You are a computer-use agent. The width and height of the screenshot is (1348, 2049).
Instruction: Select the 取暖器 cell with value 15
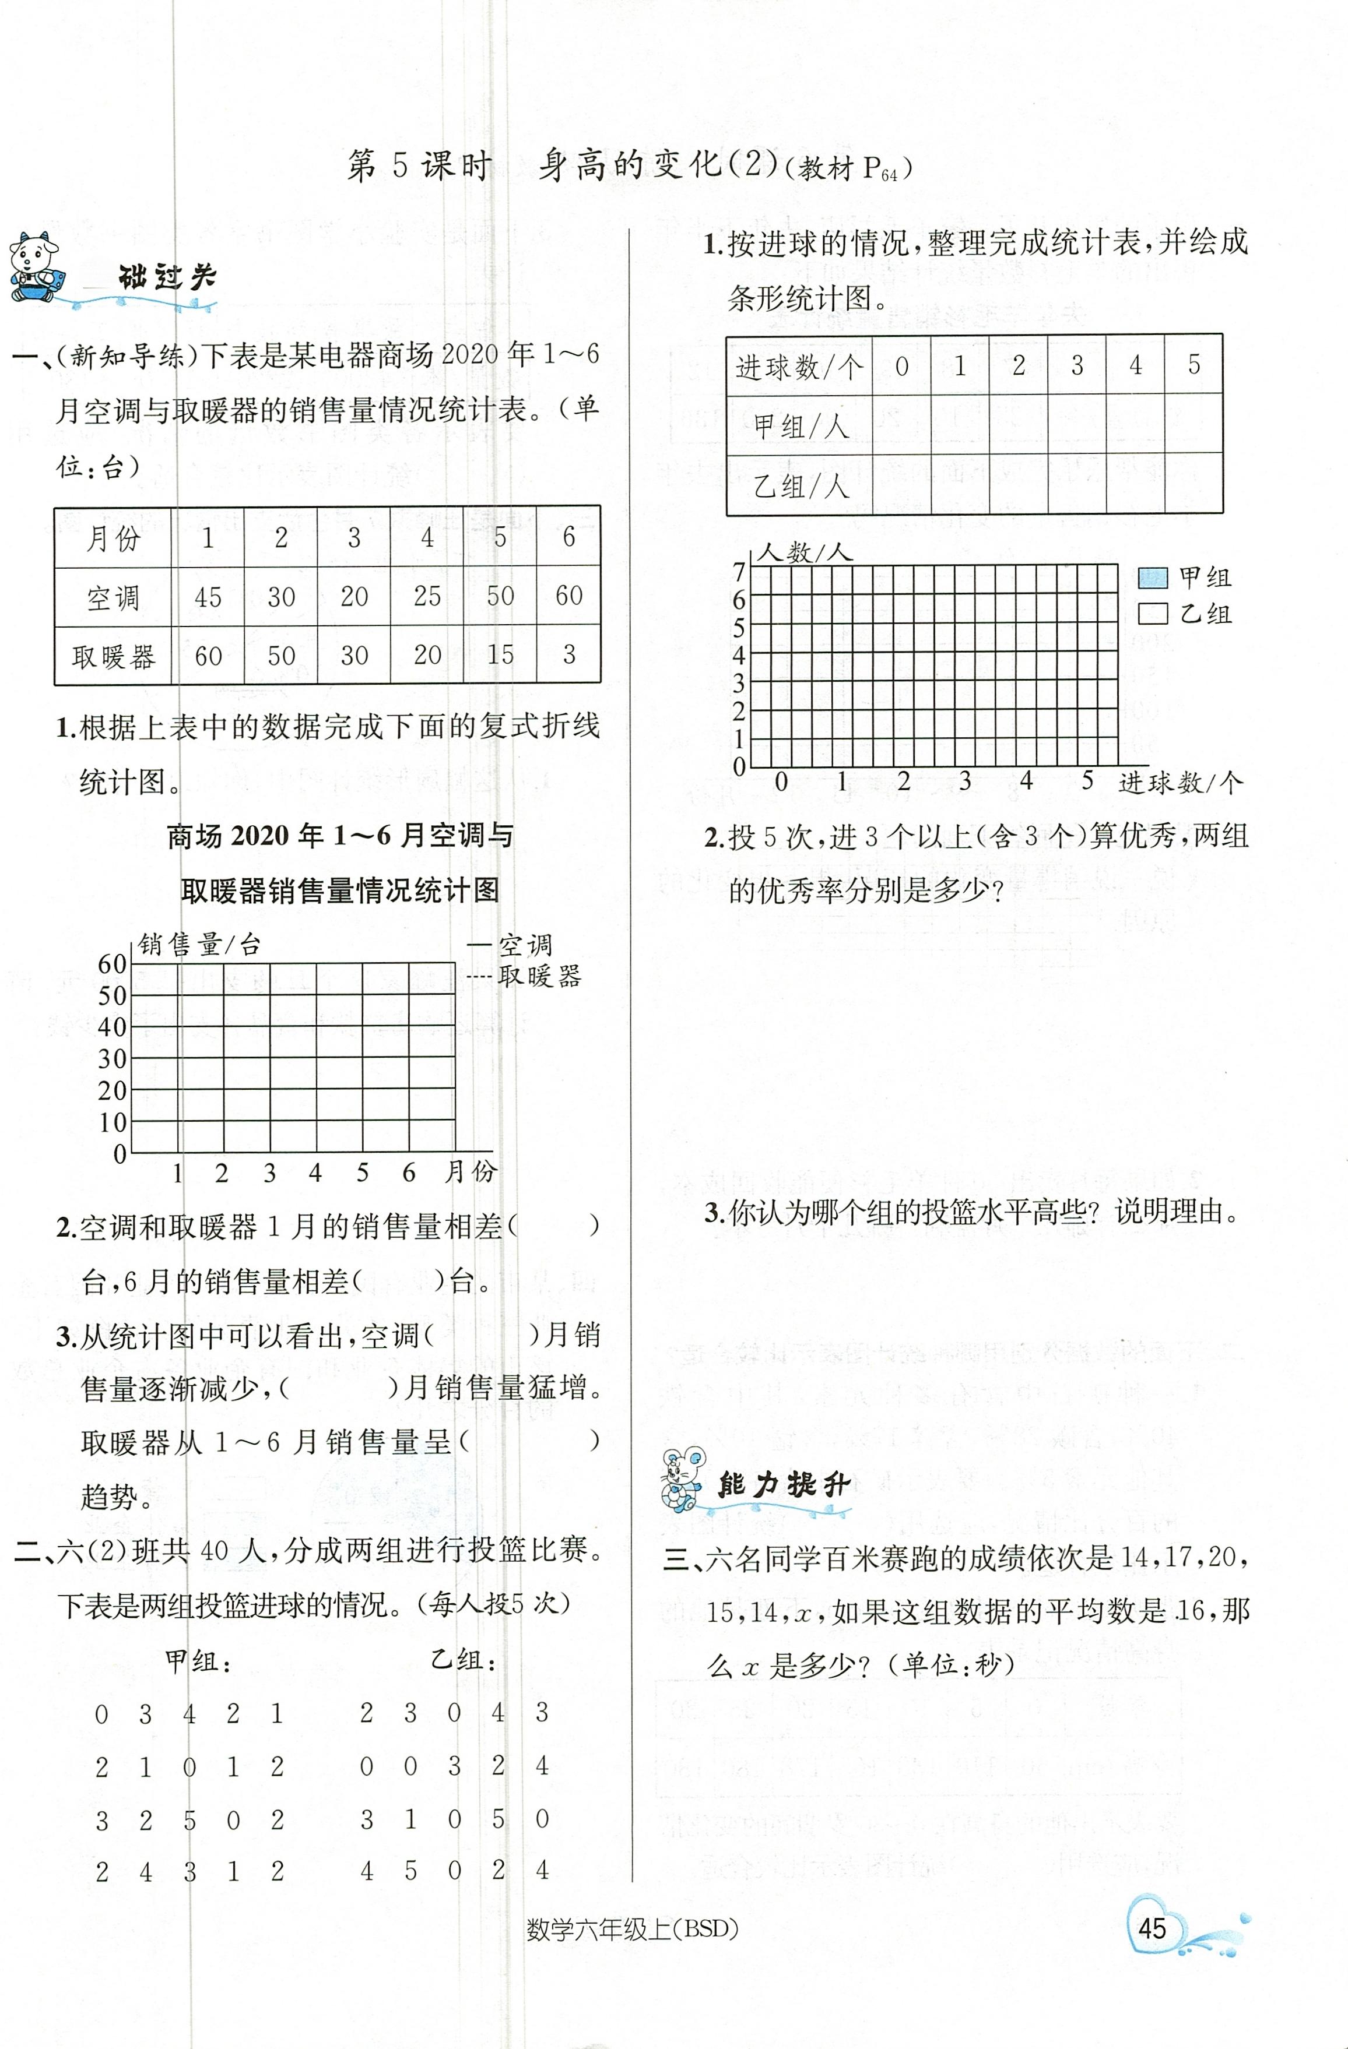coord(500,655)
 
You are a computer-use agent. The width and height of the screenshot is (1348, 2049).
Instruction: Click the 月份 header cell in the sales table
coord(113,538)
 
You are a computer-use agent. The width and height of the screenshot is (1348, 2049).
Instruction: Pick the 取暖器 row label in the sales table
coord(113,657)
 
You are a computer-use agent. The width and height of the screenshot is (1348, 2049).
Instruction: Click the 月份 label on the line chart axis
coord(471,1171)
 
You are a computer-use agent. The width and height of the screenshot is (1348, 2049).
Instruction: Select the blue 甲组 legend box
coord(1153,577)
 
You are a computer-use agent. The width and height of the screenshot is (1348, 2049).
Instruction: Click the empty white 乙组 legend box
coord(1153,613)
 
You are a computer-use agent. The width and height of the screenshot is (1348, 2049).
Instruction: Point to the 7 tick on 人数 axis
coord(739,571)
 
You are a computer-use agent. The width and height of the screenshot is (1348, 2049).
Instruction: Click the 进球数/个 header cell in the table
coord(798,367)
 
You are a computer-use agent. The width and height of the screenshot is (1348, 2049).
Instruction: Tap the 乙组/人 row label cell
coord(798,487)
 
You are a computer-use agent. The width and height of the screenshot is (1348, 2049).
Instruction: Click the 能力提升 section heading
coord(783,1484)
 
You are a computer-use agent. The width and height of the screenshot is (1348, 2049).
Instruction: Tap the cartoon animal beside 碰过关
coord(34,267)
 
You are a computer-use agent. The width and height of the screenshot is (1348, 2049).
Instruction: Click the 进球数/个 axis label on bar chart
coord(1180,783)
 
